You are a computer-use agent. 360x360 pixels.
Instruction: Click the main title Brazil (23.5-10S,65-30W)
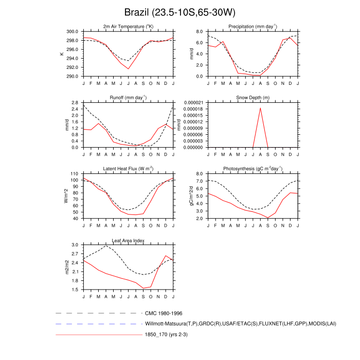(180, 12)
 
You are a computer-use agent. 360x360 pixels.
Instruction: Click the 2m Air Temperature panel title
(128, 27)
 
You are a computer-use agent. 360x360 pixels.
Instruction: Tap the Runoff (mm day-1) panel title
(128, 98)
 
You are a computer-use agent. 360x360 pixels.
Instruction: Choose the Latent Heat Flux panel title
(128, 169)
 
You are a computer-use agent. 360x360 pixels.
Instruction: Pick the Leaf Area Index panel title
(128, 240)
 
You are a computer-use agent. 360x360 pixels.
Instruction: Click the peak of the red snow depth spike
(260, 108)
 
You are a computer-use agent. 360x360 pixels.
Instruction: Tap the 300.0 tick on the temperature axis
(71, 31)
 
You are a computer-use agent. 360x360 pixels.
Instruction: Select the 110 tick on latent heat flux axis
(74, 174)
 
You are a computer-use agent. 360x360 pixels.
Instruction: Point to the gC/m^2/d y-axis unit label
(191, 196)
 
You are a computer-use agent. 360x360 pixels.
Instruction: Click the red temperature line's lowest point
(129, 69)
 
